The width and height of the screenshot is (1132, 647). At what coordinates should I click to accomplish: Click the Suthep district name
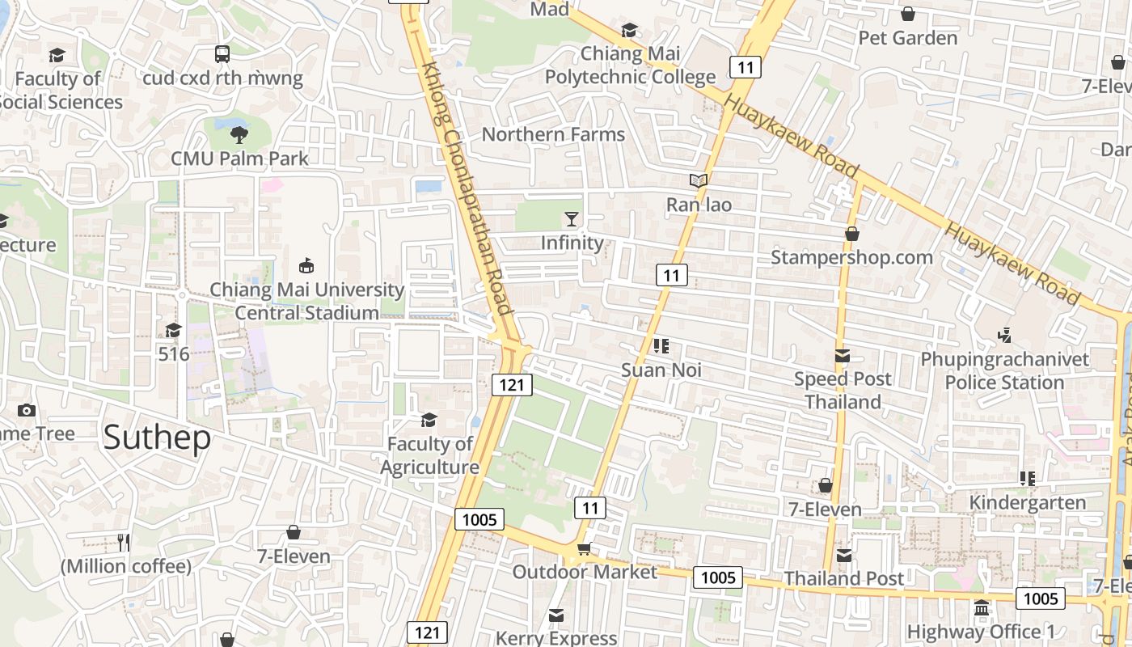pos(157,437)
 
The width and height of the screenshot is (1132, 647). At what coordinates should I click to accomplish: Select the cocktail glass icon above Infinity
pos(572,219)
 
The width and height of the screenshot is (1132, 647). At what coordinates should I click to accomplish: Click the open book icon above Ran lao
pos(699,181)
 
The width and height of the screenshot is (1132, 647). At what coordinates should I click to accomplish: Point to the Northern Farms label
pos(553,134)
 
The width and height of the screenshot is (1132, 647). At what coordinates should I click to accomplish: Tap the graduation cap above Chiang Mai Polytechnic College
pos(629,31)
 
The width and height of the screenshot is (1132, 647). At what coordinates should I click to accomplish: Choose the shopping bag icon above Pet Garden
pos(908,15)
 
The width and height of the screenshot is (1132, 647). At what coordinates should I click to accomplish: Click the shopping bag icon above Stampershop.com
pos(851,235)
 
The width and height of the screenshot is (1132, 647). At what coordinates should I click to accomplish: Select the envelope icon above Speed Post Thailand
pos(843,356)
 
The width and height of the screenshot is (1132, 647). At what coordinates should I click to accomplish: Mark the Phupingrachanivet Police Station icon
pos(1004,335)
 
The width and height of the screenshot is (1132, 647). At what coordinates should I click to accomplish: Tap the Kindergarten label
pos(1027,502)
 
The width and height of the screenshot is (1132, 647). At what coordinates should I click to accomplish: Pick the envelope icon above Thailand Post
pos(844,556)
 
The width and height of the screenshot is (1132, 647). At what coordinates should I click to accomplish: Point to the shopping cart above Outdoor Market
pos(584,549)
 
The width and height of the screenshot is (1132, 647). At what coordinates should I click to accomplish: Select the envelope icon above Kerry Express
pos(555,616)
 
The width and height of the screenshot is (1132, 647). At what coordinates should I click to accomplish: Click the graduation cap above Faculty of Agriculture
pos(429,421)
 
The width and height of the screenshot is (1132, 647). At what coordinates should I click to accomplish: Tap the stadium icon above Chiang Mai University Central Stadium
pos(306,265)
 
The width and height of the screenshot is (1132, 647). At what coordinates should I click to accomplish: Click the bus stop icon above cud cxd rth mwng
pos(222,54)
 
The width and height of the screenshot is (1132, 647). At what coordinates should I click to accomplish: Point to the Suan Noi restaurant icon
pos(661,347)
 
